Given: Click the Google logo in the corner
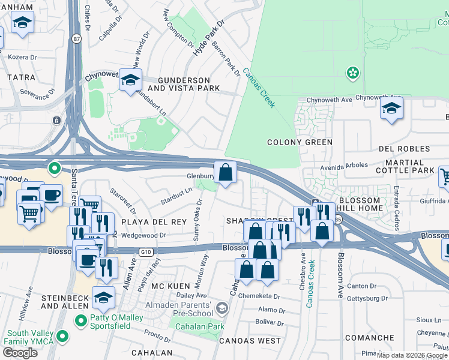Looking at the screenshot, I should (x=20, y=353).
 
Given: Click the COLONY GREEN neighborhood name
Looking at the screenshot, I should (x=300, y=142).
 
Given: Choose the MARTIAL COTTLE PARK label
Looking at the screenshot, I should (x=406, y=167).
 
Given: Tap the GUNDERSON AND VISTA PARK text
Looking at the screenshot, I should (x=184, y=84).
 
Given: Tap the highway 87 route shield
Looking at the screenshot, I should (x=75, y=38).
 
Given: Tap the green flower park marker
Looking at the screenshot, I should (x=353, y=73).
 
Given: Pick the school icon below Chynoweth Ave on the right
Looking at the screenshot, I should (x=391, y=109).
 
